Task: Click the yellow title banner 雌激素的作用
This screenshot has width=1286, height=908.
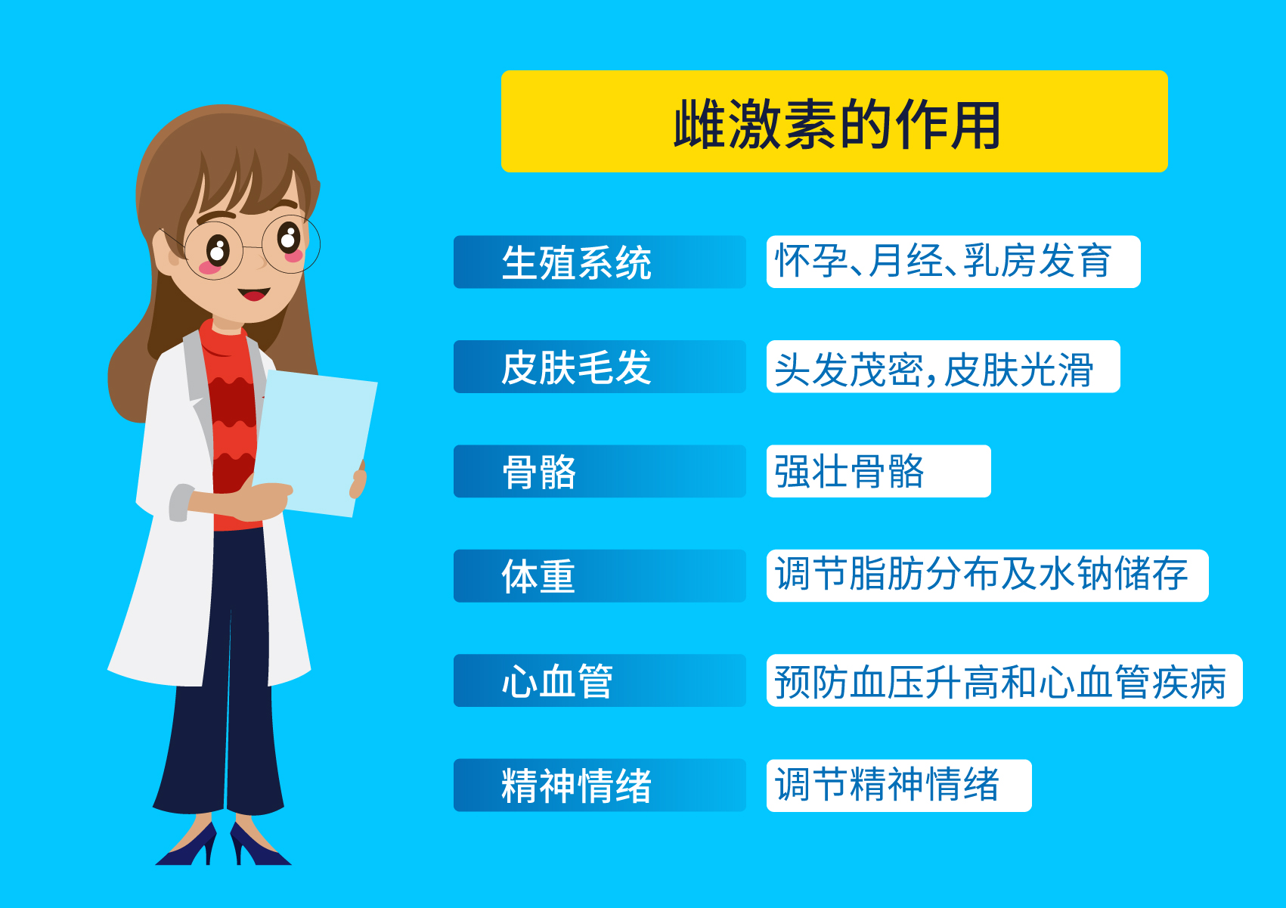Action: click(x=834, y=122)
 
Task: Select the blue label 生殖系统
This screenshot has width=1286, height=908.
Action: click(x=599, y=262)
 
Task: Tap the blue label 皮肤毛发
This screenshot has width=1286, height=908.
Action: click(x=599, y=367)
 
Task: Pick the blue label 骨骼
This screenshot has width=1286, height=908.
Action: click(x=599, y=472)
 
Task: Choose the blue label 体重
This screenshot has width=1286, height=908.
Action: click(x=599, y=576)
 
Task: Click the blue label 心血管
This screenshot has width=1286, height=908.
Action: click(x=599, y=680)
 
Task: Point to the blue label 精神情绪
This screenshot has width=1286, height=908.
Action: click(x=599, y=786)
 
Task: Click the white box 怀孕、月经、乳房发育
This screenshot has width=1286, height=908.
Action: click(x=953, y=262)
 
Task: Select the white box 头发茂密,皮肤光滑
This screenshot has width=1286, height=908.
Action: click(x=943, y=367)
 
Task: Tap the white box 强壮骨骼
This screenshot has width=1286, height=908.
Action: click(x=878, y=472)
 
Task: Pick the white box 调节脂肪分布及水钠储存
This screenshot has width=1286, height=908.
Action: click(x=987, y=576)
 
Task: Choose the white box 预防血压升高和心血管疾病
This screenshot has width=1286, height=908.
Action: click(x=1004, y=680)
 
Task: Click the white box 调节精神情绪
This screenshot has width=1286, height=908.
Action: click(x=898, y=786)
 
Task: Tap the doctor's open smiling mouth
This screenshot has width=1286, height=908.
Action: click(x=253, y=293)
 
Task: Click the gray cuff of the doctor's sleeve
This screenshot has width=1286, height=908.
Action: click(x=179, y=503)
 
